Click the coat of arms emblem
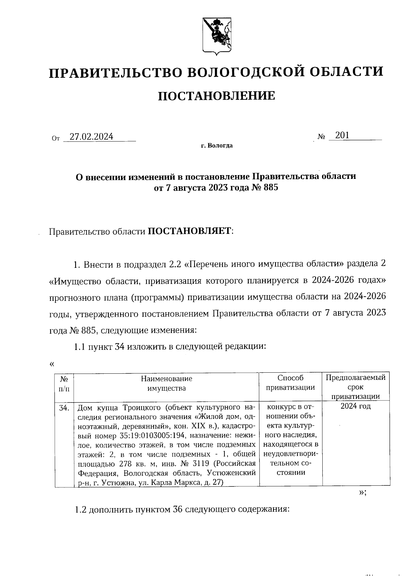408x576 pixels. (217, 35)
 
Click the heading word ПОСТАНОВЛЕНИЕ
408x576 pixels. (216, 96)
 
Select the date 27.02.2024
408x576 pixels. (91, 136)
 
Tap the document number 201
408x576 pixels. (342, 135)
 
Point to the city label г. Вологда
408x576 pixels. (217, 146)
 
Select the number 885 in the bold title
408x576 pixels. (270, 187)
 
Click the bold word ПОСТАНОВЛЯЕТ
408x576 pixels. (189, 231)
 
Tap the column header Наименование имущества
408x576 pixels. (166, 383)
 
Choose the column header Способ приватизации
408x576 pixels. (290, 383)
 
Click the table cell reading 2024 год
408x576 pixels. (356, 406)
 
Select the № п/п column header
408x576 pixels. (64, 383)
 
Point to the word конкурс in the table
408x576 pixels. (279, 407)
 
